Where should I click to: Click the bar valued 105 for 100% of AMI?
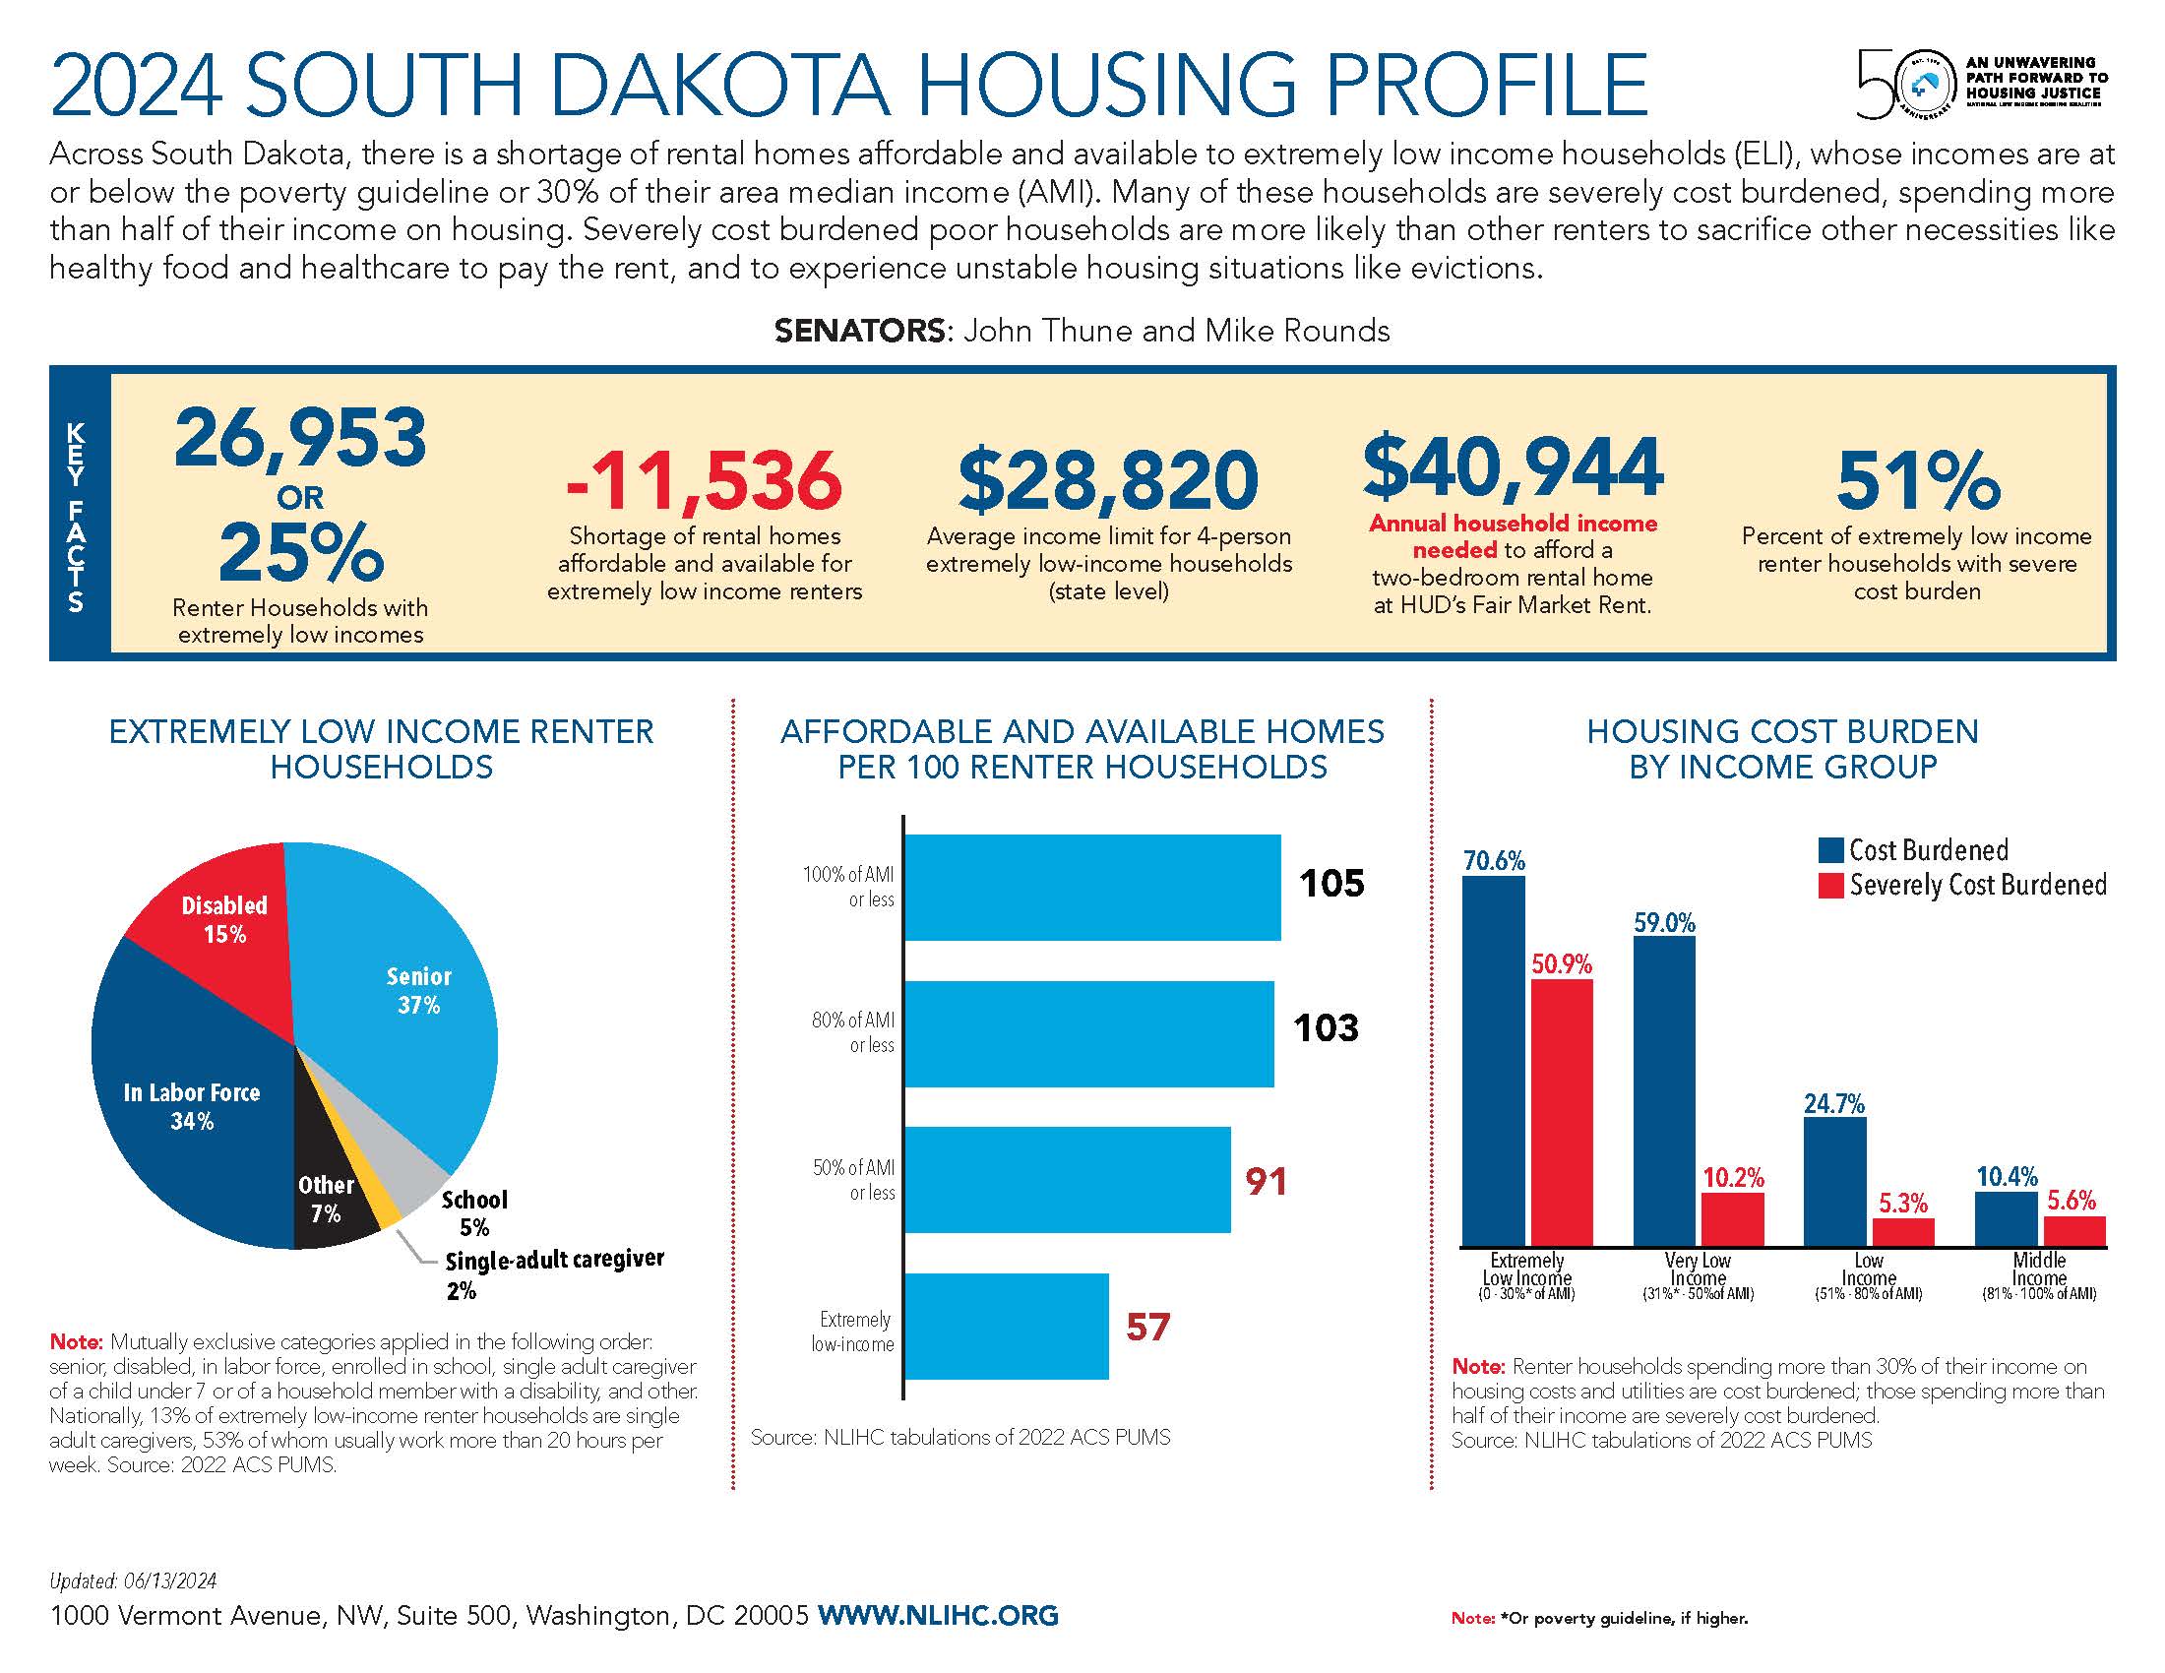tap(1090, 887)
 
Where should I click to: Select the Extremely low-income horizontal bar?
tap(1005, 1327)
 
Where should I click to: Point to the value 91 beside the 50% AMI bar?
tap(1266, 1181)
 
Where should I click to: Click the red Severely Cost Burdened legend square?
tap(1830, 885)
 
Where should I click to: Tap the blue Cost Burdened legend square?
tap(1830, 850)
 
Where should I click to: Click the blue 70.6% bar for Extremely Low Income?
tap(1493, 1061)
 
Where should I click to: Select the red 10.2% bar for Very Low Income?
tap(1733, 1218)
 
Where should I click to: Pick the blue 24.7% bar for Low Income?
tap(1835, 1181)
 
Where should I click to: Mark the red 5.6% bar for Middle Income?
tap(2073, 1230)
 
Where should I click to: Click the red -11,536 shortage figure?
tap(704, 480)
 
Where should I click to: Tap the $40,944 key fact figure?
tap(1513, 467)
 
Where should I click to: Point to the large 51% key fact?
tap(1917, 480)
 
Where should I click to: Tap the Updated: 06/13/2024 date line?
tap(133, 1580)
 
